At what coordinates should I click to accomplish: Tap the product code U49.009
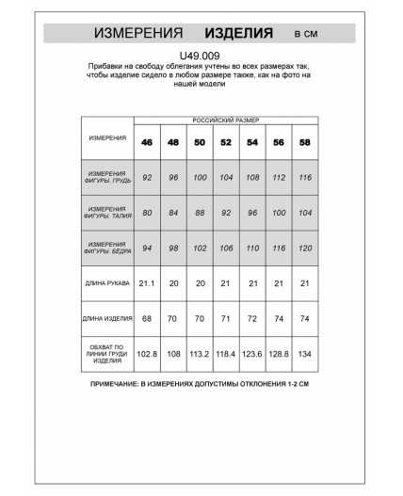pyautogui.click(x=201, y=56)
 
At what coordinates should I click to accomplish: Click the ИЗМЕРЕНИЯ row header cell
pyautogui.click(x=107, y=138)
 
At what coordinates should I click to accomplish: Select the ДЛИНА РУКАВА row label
pyautogui.click(x=107, y=282)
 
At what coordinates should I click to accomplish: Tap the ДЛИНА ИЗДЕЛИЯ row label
pyautogui.click(x=107, y=320)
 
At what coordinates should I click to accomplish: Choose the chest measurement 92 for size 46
pyautogui.click(x=147, y=177)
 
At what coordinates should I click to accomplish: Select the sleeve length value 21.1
pyautogui.click(x=147, y=282)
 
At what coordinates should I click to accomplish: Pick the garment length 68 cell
pyautogui.click(x=147, y=320)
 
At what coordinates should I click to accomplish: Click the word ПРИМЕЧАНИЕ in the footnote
pyautogui.click(x=121, y=386)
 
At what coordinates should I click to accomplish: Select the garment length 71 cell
pyautogui.click(x=226, y=320)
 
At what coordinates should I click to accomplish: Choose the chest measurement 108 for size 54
pyautogui.click(x=252, y=177)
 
